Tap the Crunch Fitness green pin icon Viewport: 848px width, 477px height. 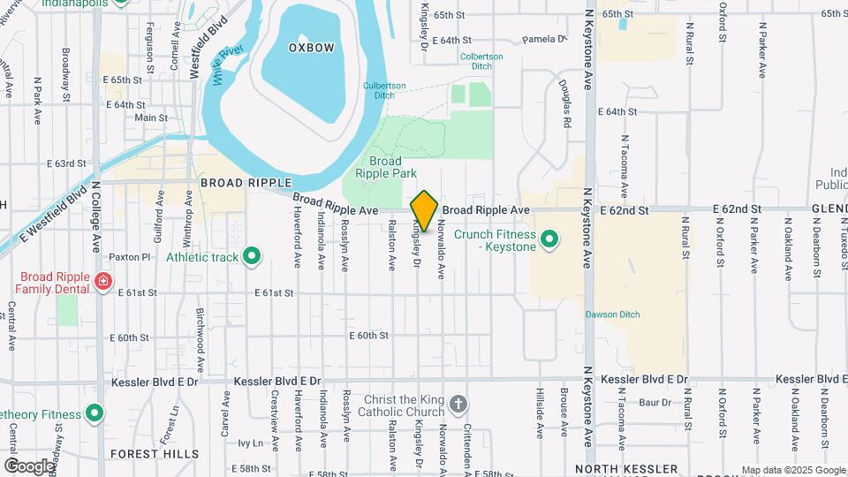[549, 239]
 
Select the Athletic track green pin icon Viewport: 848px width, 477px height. [252, 257]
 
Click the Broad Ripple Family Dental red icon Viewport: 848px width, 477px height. [103, 283]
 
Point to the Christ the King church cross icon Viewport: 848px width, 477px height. [458, 405]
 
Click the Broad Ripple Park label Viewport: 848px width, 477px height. [385, 168]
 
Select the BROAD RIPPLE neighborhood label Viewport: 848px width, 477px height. [246, 183]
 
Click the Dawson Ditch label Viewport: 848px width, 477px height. [609, 314]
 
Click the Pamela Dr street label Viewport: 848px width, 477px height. [543, 40]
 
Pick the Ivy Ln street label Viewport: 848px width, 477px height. [251, 443]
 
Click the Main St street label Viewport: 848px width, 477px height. [151, 117]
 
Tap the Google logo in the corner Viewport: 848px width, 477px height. [29, 466]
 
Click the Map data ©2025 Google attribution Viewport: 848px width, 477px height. [792, 470]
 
